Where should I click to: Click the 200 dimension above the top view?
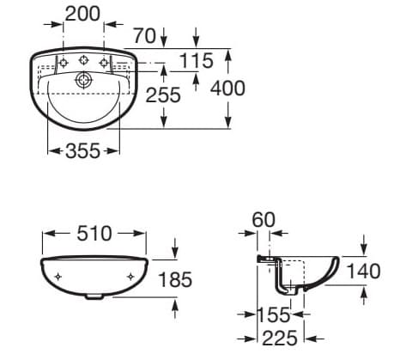tap(83, 13)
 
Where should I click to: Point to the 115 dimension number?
tap(196, 60)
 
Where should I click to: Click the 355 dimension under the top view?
tap(83, 151)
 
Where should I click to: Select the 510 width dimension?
tap(94, 232)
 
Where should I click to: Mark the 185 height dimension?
tap(174, 279)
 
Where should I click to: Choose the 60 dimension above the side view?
tap(264, 220)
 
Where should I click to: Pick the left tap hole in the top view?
tap(63, 63)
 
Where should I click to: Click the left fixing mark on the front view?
tap(58, 277)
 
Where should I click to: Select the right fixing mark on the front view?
tap(130, 277)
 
